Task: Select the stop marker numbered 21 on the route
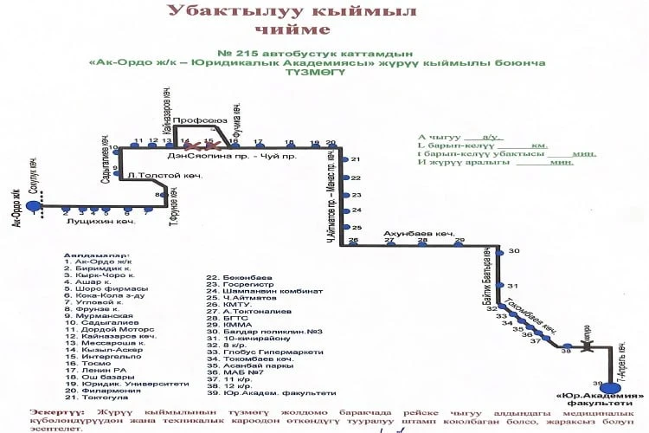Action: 344,160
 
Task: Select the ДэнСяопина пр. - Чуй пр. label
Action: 232,156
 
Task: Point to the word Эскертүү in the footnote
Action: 57,410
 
